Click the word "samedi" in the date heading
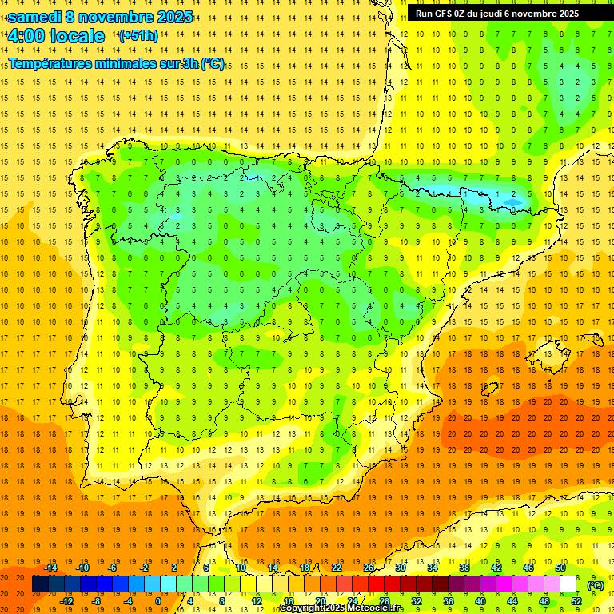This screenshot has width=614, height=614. [34, 16]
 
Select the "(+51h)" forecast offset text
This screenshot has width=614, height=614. [138, 35]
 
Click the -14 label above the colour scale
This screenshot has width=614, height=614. [50, 568]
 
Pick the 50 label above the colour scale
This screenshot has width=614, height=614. [560, 568]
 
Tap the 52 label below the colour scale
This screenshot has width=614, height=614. [576, 601]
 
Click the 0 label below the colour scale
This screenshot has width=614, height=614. [158, 601]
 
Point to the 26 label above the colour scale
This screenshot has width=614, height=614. [369, 568]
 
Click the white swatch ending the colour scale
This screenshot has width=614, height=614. [568, 584]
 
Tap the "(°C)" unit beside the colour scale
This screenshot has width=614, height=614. [596, 584]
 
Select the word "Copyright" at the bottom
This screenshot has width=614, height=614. [303, 608]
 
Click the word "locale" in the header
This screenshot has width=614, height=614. [77, 36]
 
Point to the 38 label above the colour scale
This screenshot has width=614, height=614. [464, 568]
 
